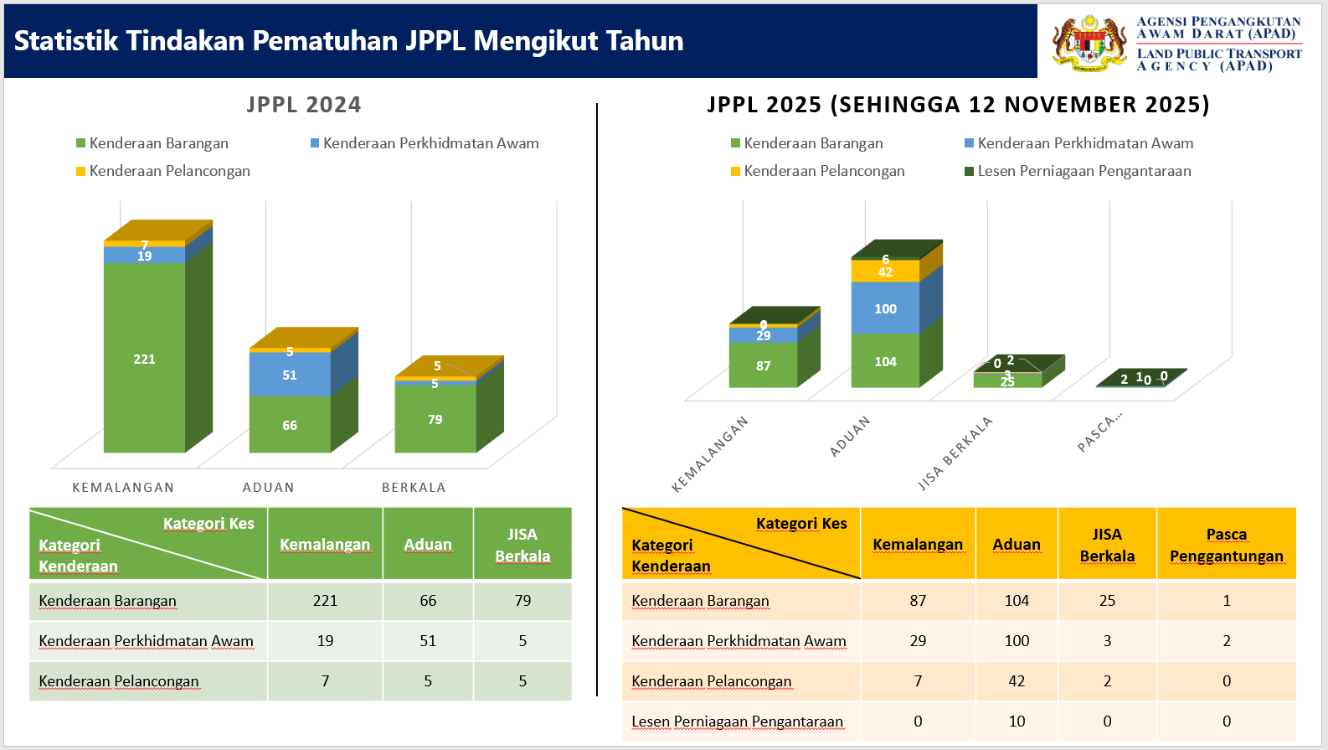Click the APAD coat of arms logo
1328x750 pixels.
(x=1089, y=42)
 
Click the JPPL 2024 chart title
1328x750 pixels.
(x=304, y=105)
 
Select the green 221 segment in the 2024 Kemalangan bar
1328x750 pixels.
(x=144, y=359)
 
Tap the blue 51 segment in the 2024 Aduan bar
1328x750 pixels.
(x=290, y=375)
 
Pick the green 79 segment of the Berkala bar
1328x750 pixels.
(x=435, y=419)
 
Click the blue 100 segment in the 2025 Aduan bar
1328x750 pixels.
(x=885, y=308)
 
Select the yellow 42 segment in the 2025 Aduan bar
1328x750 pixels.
(x=885, y=272)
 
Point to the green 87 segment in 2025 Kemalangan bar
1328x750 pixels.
(x=763, y=366)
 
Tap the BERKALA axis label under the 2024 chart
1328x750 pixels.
(x=414, y=488)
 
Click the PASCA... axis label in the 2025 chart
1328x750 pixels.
(x=1099, y=433)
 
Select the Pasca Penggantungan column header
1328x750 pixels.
(x=1226, y=545)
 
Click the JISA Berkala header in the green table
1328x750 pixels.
(x=522, y=545)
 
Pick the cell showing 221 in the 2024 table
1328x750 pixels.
(x=325, y=601)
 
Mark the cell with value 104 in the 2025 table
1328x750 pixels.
(x=1017, y=601)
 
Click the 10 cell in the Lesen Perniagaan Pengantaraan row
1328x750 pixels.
(x=1017, y=722)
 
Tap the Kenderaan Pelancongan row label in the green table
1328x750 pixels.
(x=119, y=681)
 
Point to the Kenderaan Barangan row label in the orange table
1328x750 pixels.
(x=700, y=601)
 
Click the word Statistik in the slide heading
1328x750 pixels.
(x=66, y=41)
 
